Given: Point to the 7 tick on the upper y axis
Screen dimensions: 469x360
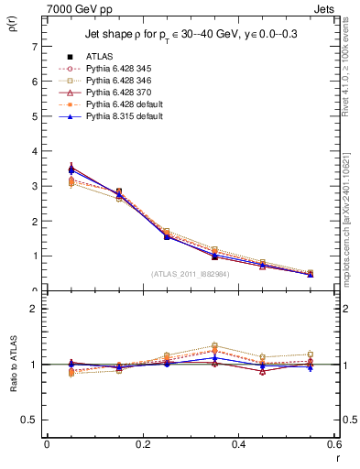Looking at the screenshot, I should tap(35, 46).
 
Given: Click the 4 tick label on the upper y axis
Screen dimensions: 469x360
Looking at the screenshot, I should tap(35, 151).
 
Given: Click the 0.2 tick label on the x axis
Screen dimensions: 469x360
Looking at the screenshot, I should tap(142, 444).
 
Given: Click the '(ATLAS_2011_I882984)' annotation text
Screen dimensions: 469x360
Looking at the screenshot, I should tap(190, 272).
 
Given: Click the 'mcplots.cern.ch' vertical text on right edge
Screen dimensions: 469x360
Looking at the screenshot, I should tap(352, 220).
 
